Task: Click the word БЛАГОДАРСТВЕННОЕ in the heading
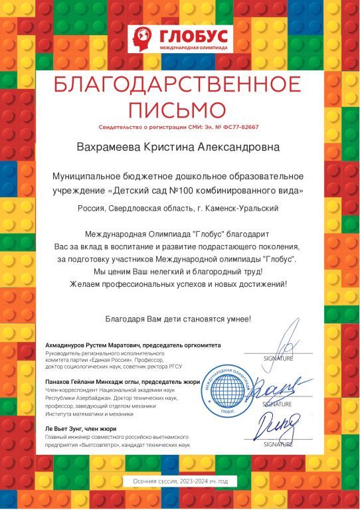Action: pos(179,86)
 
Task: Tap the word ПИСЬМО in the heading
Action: pos(179,108)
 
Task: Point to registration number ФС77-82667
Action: pos(238,127)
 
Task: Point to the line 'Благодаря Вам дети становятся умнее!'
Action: pos(179,319)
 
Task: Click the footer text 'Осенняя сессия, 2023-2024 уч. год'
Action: pos(179,481)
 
